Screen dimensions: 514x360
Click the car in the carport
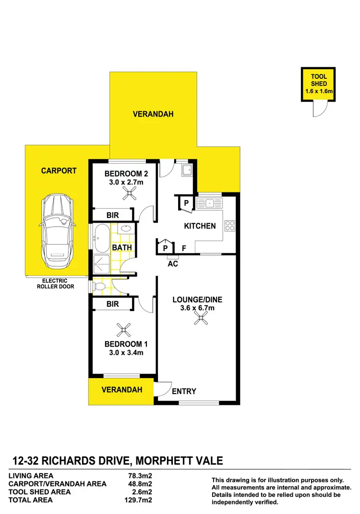(57, 232)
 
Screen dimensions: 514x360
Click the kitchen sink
(210, 203)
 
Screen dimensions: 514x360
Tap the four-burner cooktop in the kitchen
(229, 225)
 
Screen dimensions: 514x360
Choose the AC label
(173, 263)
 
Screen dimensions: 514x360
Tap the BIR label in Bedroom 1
(112, 304)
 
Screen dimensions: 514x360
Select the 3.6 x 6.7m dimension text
(191, 309)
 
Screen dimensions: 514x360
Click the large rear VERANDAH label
(153, 114)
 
